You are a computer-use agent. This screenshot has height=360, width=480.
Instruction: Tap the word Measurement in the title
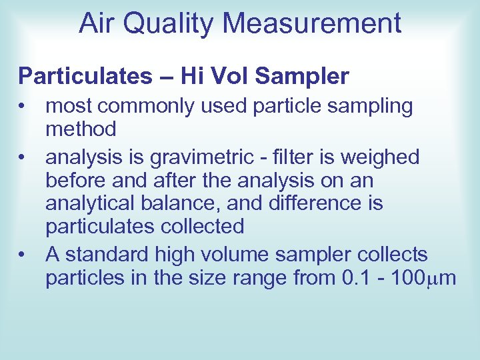tap(313, 24)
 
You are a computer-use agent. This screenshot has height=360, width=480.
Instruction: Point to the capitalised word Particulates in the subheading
tap(85, 77)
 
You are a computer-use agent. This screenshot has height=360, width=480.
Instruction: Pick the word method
tap(81, 129)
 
